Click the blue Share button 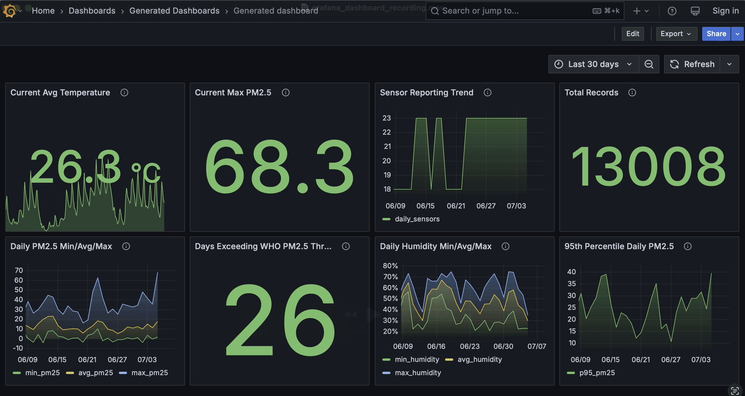point(716,34)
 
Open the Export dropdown point(676,34)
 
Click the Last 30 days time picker point(593,64)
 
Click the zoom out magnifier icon point(649,64)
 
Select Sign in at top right point(725,11)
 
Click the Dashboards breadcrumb point(92,11)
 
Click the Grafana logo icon point(10,11)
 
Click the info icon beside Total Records point(632,92)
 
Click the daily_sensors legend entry point(417,219)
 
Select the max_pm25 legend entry point(149,373)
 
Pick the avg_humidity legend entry point(479,360)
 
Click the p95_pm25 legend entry point(597,373)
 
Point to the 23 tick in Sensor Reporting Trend point(386,118)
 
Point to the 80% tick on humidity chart point(390,266)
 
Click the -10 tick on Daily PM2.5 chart point(18,348)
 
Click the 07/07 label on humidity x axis point(536,347)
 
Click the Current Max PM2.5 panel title point(233,92)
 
